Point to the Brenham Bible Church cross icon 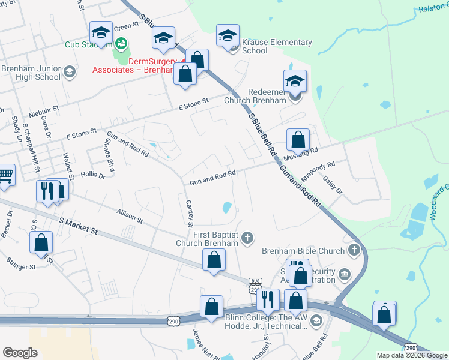click(354, 250)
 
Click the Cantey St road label click(189, 212)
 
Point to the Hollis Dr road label click(93, 176)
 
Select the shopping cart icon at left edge click(5, 175)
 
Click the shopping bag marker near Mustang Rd click(298, 140)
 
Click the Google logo click(20, 353)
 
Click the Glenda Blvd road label click(109, 154)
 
